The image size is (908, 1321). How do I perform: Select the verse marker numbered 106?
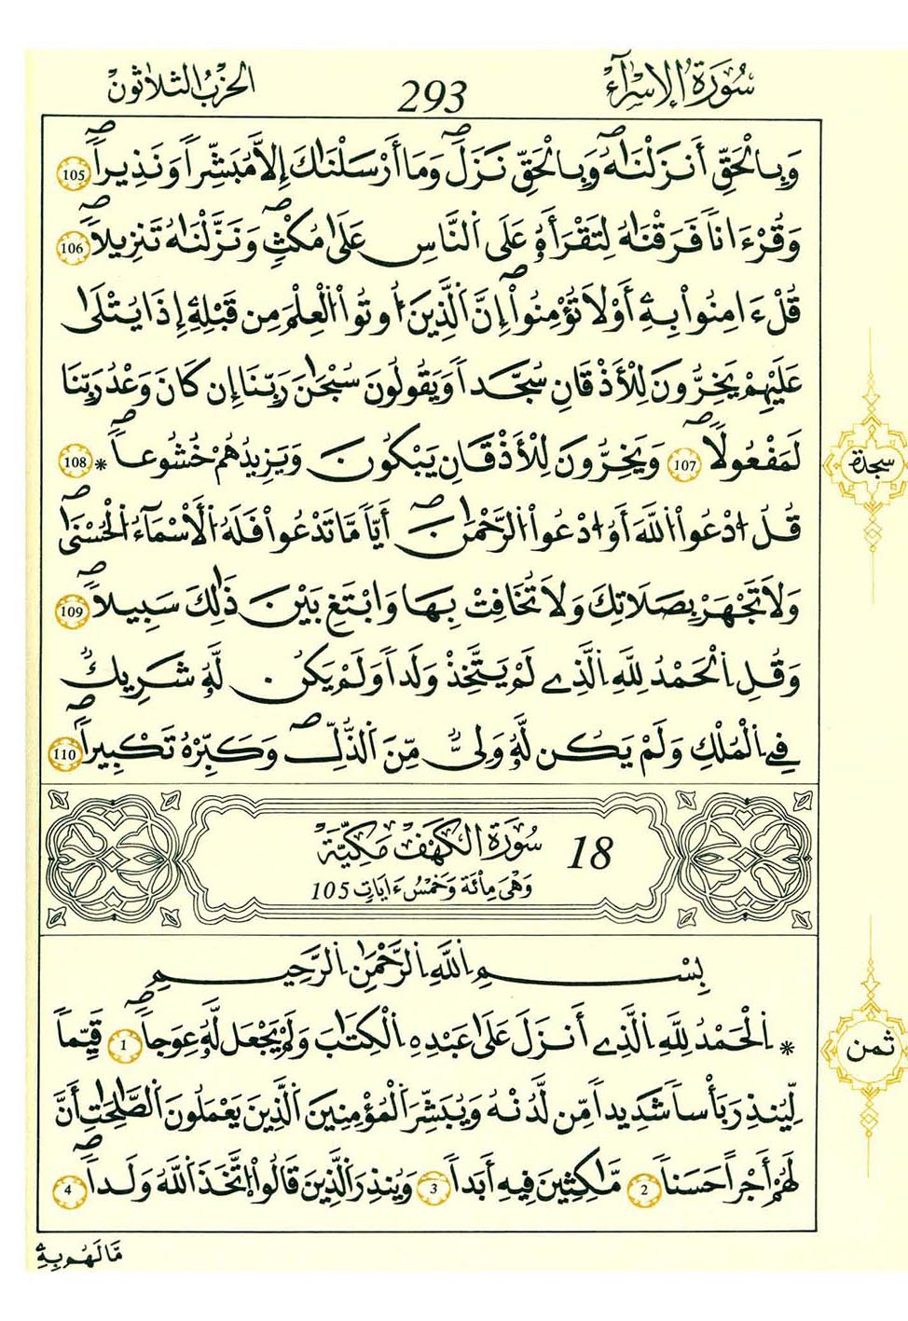[75, 249]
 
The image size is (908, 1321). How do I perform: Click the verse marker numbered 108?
[75, 461]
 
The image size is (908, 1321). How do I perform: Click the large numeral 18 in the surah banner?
[590, 852]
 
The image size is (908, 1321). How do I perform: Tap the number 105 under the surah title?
[331, 890]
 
